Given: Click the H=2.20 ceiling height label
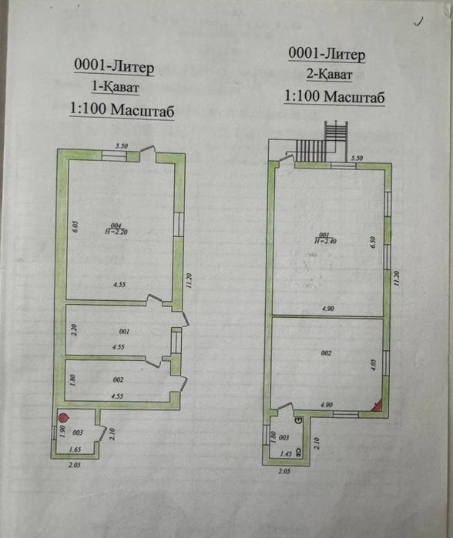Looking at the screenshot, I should click(117, 230).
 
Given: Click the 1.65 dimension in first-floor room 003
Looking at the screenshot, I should click(75, 448).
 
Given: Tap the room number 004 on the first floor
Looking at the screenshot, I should click(117, 224).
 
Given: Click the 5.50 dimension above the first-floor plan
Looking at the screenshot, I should click(121, 146).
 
